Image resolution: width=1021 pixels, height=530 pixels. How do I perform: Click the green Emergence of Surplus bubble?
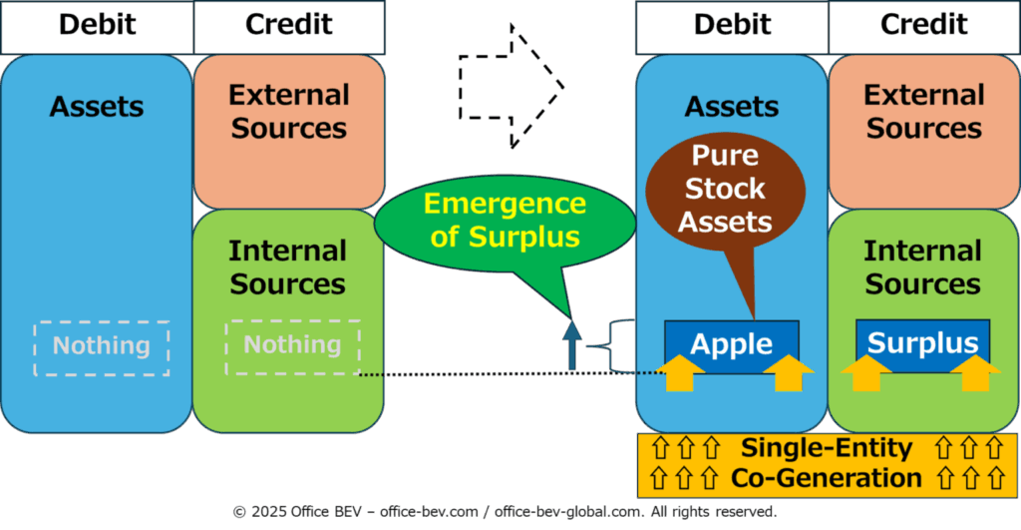tap(505, 223)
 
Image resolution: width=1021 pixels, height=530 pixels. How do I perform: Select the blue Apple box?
tap(731, 345)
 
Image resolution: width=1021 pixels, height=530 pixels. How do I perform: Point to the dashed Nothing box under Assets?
tap(102, 348)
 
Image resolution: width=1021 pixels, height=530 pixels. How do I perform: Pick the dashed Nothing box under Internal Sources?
tap(293, 347)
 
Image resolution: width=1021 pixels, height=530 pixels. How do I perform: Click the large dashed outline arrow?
tap(511, 87)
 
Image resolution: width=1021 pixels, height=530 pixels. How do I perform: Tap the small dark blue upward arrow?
tap(571, 345)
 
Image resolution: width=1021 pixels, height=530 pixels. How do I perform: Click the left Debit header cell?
tap(97, 27)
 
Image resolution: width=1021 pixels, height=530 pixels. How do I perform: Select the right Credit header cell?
tap(924, 27)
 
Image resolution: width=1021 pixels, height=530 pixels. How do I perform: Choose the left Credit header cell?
tap(289, 27)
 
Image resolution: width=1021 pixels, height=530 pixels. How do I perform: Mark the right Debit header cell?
tap(732, 27)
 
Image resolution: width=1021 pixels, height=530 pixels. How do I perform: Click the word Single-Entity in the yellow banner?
tap(827, 448)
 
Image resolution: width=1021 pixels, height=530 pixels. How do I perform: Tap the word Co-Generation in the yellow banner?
tap(827, 478)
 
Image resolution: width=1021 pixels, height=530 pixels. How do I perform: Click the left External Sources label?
tap(289, 112)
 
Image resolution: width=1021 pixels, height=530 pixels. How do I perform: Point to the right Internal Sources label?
tap(922, 267)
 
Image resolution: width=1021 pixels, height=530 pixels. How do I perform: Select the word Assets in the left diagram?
tap(97, 106)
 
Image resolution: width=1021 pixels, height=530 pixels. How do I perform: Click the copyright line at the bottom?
tap(505, 512)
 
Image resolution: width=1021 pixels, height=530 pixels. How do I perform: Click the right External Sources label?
tap(924, 112)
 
